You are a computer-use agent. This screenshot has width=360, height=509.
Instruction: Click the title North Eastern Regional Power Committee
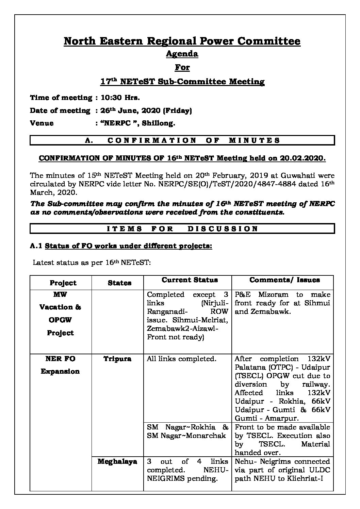(182, 41)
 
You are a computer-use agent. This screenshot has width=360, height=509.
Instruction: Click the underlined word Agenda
(182, 54)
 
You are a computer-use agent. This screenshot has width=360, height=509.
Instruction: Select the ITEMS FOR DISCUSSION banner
(182, 228)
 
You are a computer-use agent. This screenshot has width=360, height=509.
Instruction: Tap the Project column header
(63, 283)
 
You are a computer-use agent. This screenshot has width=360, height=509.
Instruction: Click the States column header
(119, 283)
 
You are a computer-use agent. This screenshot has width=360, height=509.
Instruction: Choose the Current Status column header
(190, 280)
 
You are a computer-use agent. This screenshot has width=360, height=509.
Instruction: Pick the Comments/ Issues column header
(284, 280)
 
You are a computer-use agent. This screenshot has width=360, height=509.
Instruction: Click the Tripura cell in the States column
(117, 359)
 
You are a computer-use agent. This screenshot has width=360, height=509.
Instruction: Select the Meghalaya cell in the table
(117, 461)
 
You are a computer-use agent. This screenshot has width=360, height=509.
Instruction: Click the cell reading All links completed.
(181, 359)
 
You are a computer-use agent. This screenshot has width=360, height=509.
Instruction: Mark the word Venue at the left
(42, 123)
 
